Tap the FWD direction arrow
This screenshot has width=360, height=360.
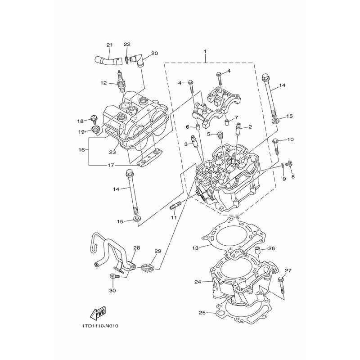98,313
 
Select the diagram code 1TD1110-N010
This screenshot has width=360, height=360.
99,326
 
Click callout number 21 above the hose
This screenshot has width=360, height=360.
110,45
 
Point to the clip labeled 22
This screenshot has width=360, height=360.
127,59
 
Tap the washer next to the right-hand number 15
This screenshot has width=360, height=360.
274,121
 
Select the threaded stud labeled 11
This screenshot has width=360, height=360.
175,206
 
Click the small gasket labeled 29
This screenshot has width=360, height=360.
148,267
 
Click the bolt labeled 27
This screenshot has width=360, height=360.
282,285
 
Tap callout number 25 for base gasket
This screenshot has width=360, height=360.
202,313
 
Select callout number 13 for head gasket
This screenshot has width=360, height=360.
195,248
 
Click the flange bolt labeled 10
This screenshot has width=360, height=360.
276,147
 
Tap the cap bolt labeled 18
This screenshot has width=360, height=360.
94,119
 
